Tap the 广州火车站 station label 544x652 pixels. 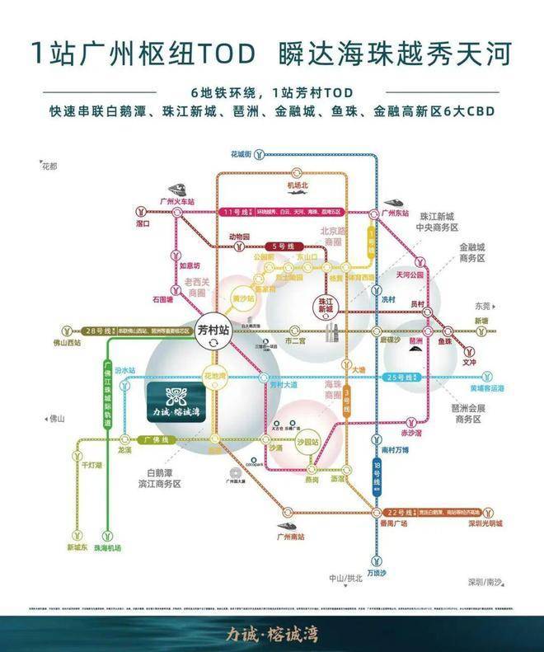point(176,201)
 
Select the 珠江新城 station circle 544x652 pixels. point(328,304)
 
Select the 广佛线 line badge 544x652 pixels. point(156,440)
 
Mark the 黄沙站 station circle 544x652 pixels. point(243,298)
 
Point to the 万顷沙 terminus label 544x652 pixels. point(376,571)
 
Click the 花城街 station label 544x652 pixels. point(241,153)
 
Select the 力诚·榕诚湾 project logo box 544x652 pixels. point(185,399)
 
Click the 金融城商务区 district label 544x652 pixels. point(476,251)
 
